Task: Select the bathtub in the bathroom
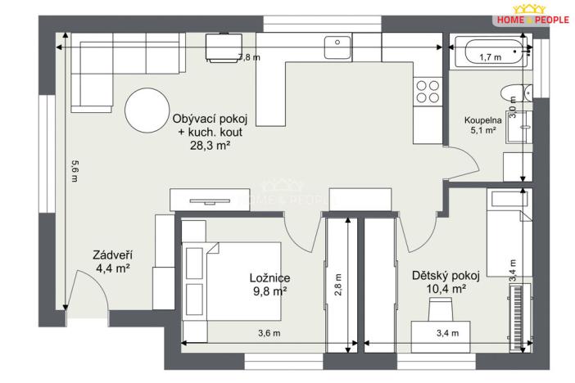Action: pyautogui.click(x=489, y=56)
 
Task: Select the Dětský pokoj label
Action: pyautogui.click(x=439, y=276)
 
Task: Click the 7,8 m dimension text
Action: pyautogui.click(x=249, y=57)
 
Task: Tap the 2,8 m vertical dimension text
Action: pyautogui.click(x=337, y=282)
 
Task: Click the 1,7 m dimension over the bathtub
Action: pyautogui.click(x=489, y=57)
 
